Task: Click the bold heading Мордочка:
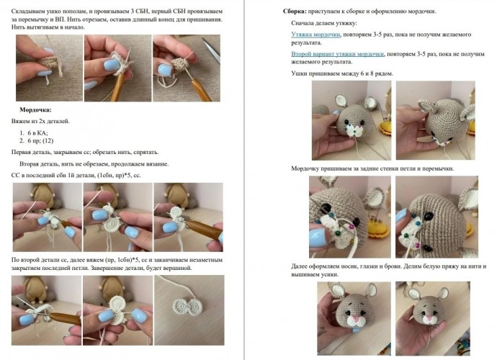point(35,110)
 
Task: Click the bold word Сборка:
point(295,12)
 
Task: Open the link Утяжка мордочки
point(315,35)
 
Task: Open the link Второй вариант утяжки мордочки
point(337,54)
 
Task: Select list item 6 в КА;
point(37,132)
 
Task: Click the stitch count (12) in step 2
point(48,140)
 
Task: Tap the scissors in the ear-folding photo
point(212,50)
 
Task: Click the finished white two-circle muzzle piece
point(189,307)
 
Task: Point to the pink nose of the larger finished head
point(356,318)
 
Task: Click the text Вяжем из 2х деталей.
point(40,121)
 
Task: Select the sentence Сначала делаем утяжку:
point(324,23)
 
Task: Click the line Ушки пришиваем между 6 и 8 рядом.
point(342,73)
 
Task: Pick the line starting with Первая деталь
point(85,152)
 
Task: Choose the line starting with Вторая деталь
point(94,164)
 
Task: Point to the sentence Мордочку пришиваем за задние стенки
point(372,168)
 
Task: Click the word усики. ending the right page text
point(331,274)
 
